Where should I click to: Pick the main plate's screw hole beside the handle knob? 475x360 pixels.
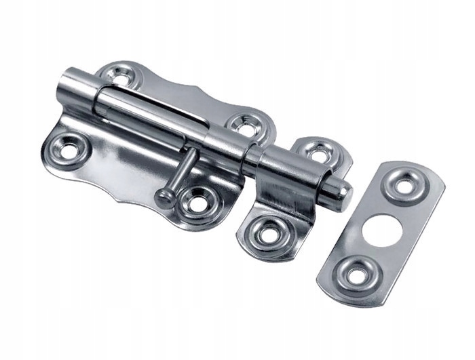[x=197, y=203]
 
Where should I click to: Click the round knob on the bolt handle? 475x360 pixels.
[x=164, y=197]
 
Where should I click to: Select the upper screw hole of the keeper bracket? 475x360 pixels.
[x=318, y=153]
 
